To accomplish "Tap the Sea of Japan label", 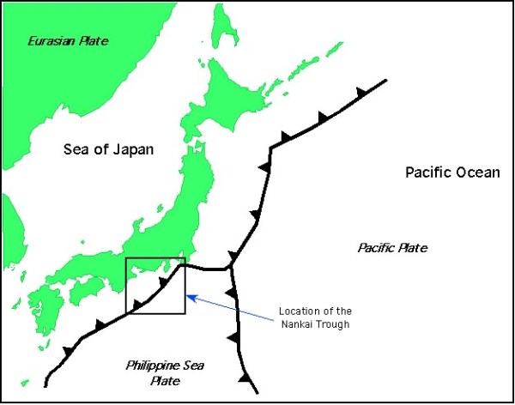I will point(109,149).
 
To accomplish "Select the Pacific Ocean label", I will point(452,172).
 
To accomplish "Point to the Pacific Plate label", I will point(392,248).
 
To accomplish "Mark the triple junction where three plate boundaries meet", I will point(232,269).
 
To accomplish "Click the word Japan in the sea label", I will point(136,149).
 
